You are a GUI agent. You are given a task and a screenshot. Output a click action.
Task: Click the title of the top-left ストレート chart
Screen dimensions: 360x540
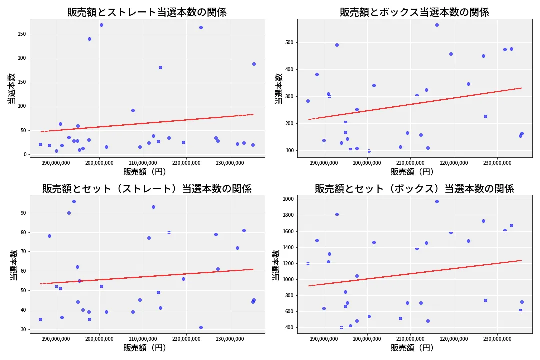pyautogui.click(x=147, y=12)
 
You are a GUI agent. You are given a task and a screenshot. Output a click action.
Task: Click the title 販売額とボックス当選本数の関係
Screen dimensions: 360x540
pyautogui.click(x=414, y=12)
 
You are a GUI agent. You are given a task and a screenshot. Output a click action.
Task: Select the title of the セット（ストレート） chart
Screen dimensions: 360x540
pyautogui.click(x=147, y=189)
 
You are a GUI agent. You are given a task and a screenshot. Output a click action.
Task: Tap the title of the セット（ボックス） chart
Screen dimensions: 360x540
pyautogui.click(x=414, y=189)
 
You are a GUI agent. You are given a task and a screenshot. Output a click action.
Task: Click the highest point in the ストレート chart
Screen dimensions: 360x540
pyautogui.click(x=101, y=25)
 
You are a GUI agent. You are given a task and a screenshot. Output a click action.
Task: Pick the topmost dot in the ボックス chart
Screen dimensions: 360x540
pyautogui.click(x=437, y=25)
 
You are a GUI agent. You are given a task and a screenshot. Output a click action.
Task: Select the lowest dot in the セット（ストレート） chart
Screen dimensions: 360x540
pyautogui.click(x=201, y=327)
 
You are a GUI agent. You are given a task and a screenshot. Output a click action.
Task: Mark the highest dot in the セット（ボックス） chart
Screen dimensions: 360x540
pyautogui.click(x=437, y=201)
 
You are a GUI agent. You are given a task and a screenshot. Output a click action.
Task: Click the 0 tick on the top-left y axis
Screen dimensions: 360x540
pyautogui.click(x=24, y=154)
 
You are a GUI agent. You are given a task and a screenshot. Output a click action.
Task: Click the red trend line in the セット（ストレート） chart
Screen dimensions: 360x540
pyautogui.click(x=147, y=277)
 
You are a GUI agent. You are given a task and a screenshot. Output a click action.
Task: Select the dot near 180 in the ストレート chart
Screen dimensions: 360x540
pyautogui.click(x=160, y=67)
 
